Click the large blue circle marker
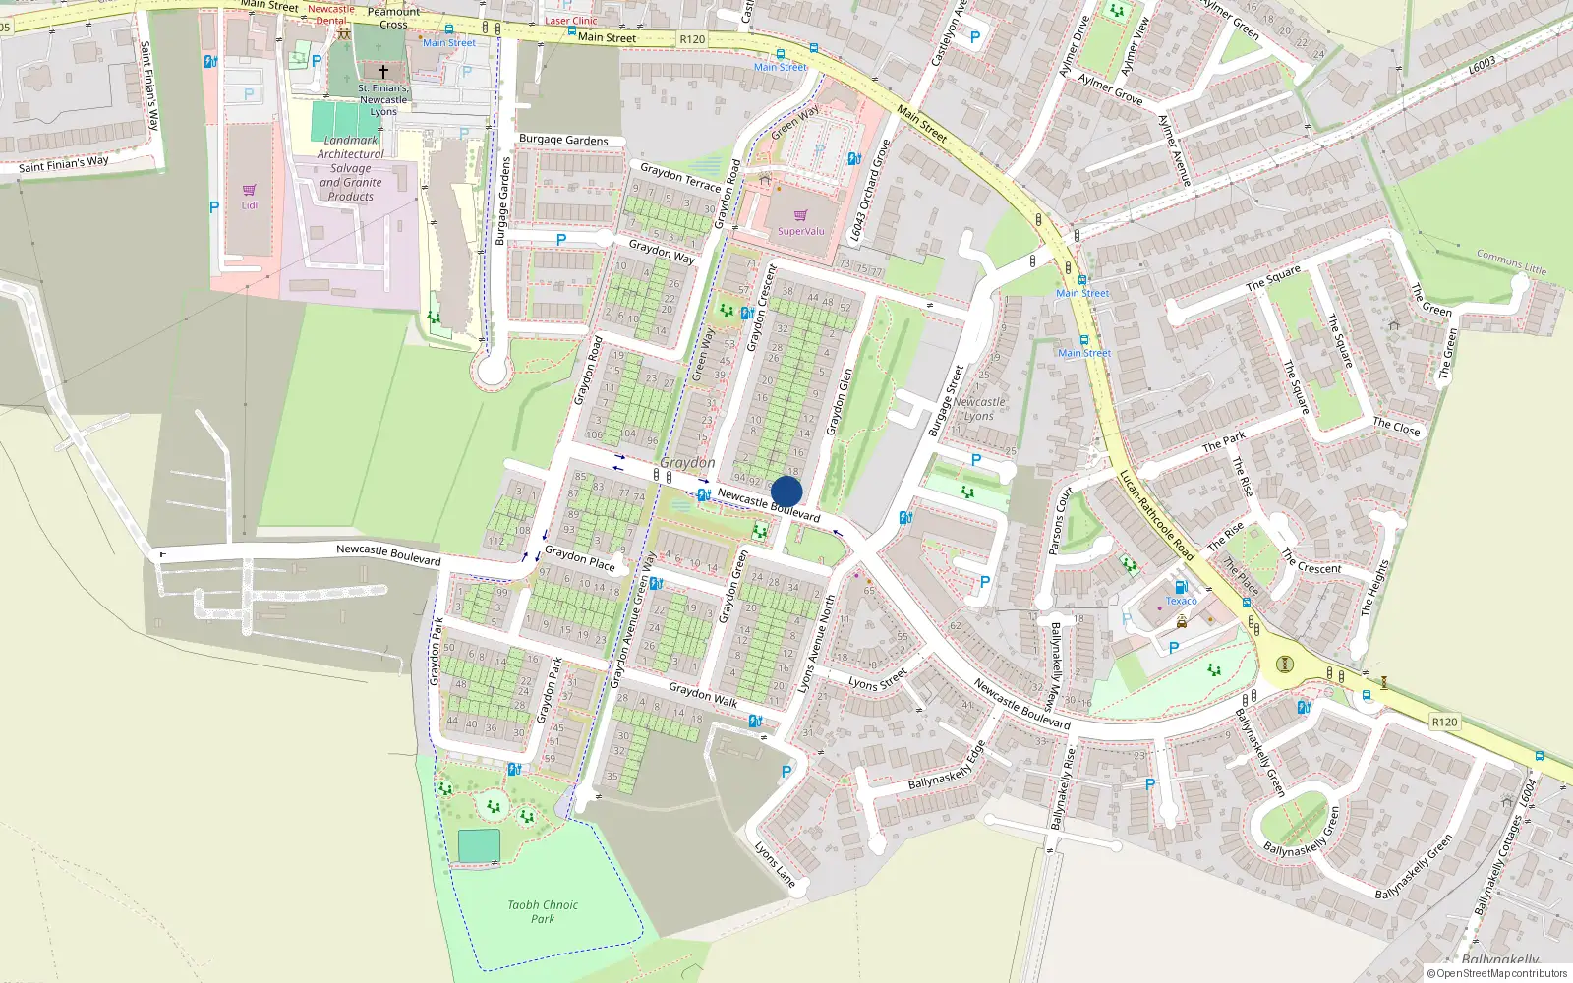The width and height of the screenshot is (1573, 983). click(786, 491)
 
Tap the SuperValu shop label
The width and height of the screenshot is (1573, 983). click(800, 231)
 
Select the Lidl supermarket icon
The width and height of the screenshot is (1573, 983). click(249, 190)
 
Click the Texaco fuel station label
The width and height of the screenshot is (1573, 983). click(1181, 601)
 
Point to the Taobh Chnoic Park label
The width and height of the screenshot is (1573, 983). click(543, 911)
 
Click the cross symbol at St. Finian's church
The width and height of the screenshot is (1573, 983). click(383, 72)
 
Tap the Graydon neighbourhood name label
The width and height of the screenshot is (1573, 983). click(687, 462)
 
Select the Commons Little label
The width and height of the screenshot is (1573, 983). click(1510, 261)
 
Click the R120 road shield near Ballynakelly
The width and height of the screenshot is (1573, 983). click(1444, 722)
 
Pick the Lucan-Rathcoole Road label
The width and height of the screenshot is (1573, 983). click(1156, 515)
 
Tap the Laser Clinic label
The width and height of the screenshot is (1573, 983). click(570, 20)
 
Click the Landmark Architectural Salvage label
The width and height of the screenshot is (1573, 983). click(351, 168)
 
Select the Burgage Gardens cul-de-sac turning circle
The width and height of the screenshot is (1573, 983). click(491, 371)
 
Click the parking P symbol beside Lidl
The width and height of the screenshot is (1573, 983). click(214, 207)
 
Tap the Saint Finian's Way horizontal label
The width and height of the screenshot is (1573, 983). click(64, 164)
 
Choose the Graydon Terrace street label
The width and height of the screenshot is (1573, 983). click(680, 177)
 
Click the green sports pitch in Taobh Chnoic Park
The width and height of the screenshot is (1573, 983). click(479, 845)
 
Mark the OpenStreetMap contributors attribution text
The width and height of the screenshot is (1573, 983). click(1496, 973)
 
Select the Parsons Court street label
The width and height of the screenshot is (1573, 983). click(1061, 521)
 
